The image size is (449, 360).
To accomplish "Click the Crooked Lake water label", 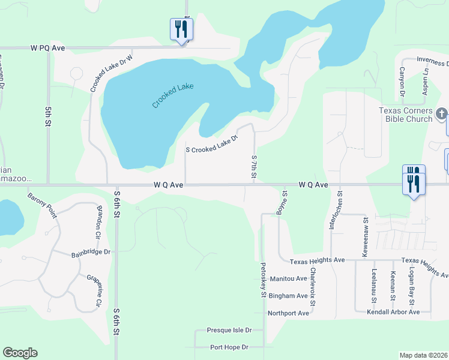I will (173, 95).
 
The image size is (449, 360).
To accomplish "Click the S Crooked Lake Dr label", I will (212, 143).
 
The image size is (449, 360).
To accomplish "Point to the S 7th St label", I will (255, 166).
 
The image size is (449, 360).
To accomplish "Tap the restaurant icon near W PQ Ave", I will (181, 29).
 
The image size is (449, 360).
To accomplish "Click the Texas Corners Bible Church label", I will (405, 115).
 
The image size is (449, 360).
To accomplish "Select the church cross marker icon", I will (441, 113).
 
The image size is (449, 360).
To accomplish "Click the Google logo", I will (20, 353).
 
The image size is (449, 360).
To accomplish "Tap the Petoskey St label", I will (263, 279).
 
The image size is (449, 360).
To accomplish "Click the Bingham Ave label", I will (288, 296).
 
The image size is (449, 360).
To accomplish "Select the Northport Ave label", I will (288, 313).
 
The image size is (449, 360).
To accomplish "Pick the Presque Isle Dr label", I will (229, 330).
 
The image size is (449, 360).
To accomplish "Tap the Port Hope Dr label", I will (229, 347).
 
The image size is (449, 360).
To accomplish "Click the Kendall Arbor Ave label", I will (392, 312).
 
